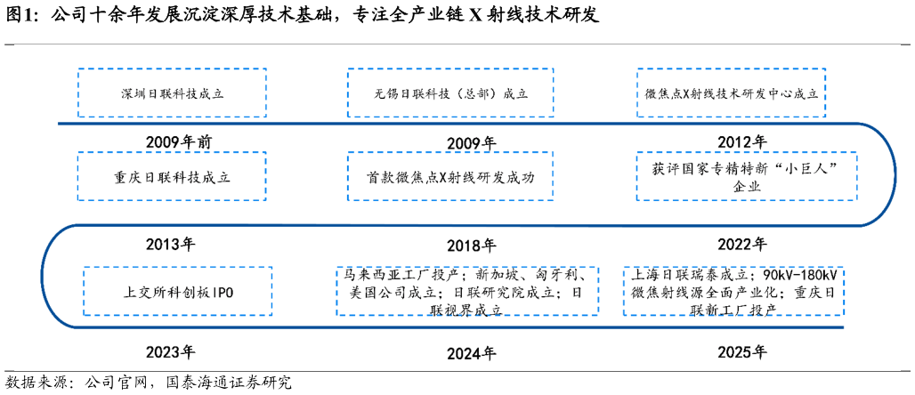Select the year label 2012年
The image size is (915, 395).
coord(742,142)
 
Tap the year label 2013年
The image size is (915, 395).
coord(170,244)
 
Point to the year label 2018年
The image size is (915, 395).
coord(472,246)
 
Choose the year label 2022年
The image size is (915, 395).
coord(743,244)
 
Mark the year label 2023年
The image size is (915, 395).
coord(170,351)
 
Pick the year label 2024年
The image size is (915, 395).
coord(472,353)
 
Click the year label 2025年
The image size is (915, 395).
coord(743,351)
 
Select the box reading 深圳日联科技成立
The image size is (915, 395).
coord(172,93)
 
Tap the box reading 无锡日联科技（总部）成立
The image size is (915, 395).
coord(450,93)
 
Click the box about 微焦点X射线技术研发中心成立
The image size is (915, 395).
coord(731,93)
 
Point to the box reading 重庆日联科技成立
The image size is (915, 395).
coord(172,176)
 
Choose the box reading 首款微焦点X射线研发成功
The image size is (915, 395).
coord(450,176)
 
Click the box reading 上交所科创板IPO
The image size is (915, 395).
coord(178,292)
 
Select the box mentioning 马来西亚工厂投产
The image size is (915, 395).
coord(468,292)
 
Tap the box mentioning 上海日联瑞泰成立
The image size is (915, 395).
coord(733,292)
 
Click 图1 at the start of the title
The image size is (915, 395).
coord(18,16)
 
